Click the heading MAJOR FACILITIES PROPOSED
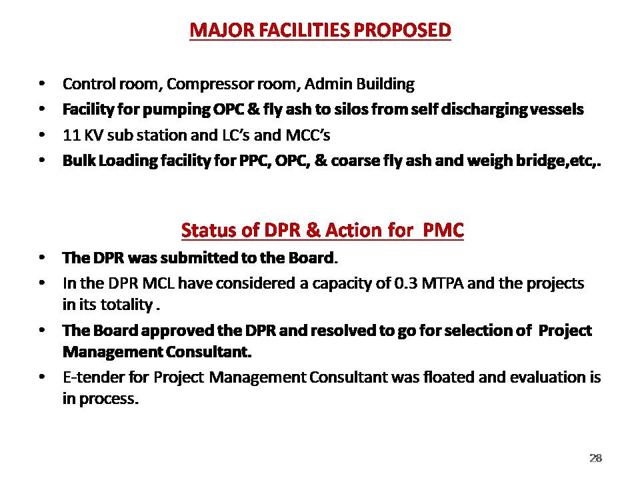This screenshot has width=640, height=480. click(x=321, y=30)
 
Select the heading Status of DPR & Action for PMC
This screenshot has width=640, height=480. click(x=323, y=230)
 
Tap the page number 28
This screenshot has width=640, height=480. click(x=596, y=458)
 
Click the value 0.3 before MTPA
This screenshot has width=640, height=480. click(x=406, y=283)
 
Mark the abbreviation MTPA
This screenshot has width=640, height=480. click(x=443, y=283)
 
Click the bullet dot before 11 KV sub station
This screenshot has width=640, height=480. click(x=41, y=135)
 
